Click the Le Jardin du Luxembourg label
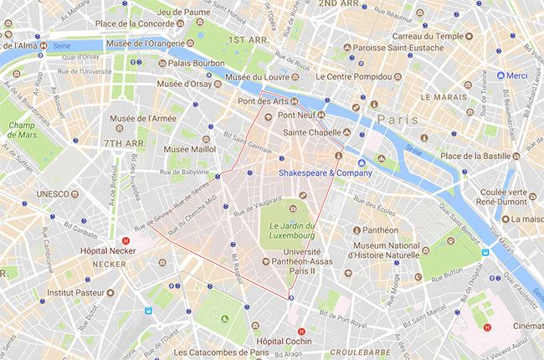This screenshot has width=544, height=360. point(292,225)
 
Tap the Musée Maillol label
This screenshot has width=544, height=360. point(190,149)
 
